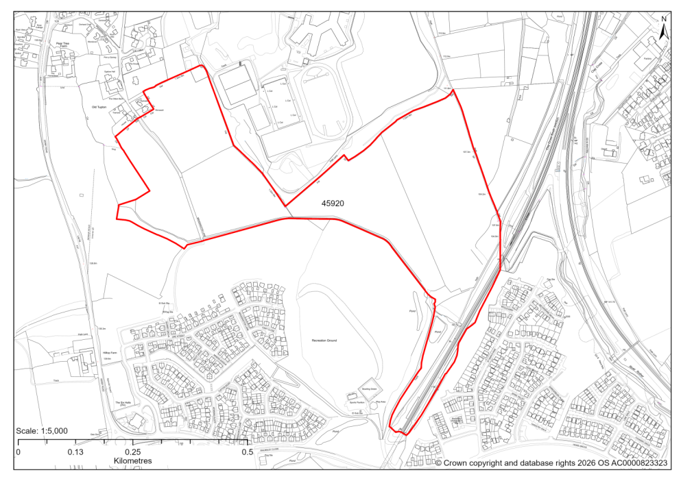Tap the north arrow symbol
coord(663,32)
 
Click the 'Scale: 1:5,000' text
coord(42,430)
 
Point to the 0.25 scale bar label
coord(132,452)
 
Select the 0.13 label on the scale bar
coord(75,452)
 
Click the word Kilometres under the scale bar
coord(132,461)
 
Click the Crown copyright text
coord(551,463)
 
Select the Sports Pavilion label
coord(350,402)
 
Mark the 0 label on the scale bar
coord(18,452)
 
